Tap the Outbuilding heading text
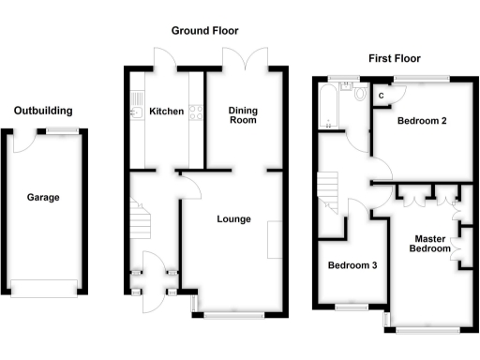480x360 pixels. [43, 111]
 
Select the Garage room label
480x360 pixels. [43, 198]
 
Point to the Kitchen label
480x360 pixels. [166, 112]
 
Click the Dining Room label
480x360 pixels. [243, 115]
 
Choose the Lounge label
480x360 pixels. [233, 220]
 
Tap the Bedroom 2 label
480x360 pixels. [421, 121]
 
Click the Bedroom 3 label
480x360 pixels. [352, 265]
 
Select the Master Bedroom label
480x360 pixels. [432, 244]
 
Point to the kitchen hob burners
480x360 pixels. [197, 113]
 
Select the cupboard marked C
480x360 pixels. [383, 95]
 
